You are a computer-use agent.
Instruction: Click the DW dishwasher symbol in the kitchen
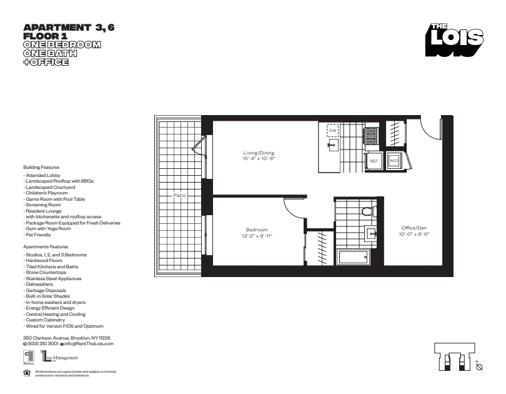click(333, 131)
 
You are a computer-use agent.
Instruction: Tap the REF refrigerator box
click(374, 161)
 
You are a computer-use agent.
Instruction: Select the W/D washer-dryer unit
click(394, 161)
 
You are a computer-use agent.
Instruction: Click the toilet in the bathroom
click(369, 211)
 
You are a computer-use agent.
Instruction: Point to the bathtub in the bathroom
click(352, 258)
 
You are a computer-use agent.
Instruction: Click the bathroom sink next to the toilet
click(371, 233)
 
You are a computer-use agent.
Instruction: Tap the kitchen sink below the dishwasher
click(333, 145)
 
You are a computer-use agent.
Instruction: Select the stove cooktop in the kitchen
click(371, 136)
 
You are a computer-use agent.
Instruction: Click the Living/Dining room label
click(259, 153)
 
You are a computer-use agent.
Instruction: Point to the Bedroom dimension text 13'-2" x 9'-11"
click(257, 236)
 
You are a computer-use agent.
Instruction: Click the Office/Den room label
click(414, 228)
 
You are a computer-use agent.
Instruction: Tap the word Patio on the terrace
click(179, 195)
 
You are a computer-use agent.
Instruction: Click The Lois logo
click(454, 40)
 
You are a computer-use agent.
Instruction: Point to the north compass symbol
click(479, 367)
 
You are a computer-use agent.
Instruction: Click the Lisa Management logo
click(60, 357)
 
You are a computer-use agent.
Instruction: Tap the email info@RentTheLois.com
click(89, 343)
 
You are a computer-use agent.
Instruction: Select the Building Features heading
click(41, 167)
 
